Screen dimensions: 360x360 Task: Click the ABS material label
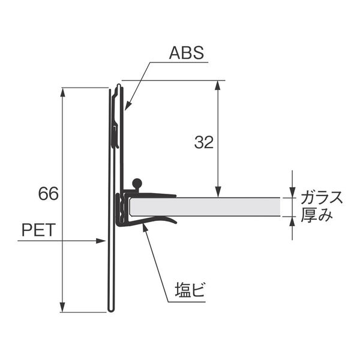pyautogui.click(x=187, y=53)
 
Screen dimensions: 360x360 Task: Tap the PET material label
pyautogui.click(x=39, y=230)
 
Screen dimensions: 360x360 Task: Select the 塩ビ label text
pyautogui.click(x=190, y=290)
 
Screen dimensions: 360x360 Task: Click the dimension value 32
pyautogui.click(x=204, y=142)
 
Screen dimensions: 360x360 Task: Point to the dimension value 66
pyautogui.click(x=49, y=194)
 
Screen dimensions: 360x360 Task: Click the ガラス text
pyautogui.click(x=322, y=197)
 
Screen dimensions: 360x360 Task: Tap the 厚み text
pyautogui.click(x=317, y=215)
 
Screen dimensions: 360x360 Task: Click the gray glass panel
pyautogui.click(x=205, y=206)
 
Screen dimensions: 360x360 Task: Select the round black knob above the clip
pyautogui.click(x=137, y=183)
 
